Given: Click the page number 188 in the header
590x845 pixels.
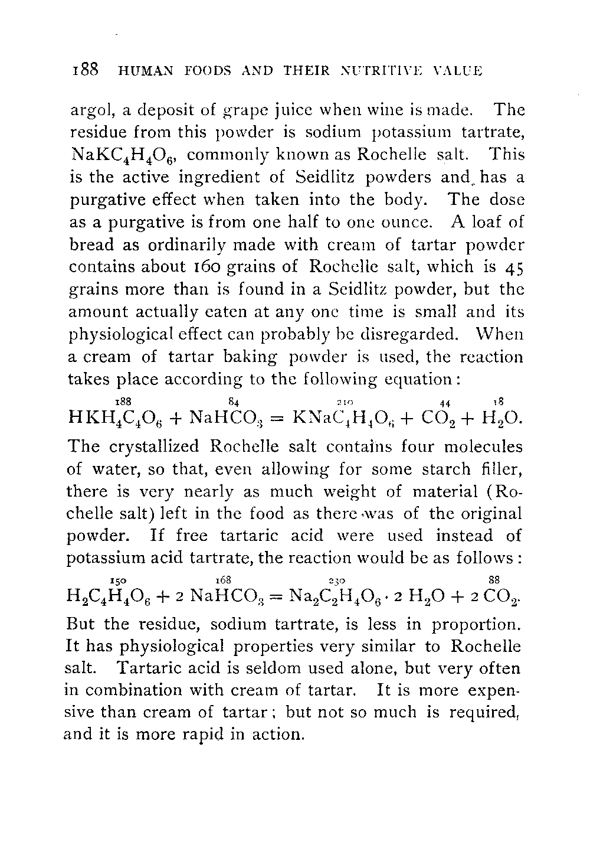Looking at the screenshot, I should click(84, 71).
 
